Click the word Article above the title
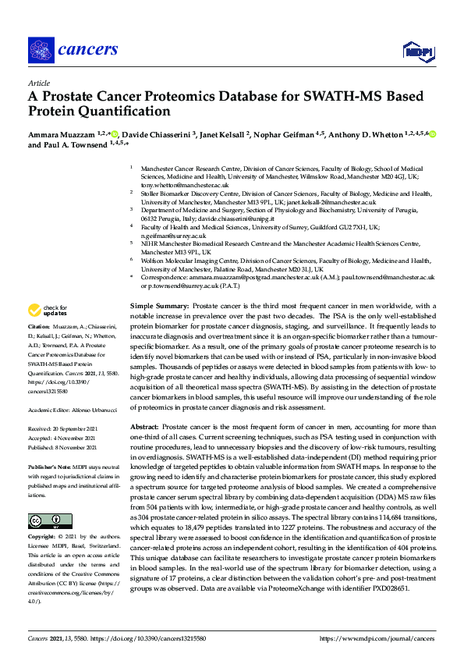pos(38,83)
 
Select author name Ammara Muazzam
pos(59,134)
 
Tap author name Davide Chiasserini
pos(155,134)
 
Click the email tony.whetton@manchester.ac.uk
pos(183,185)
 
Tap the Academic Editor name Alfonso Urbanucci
pos(91,408)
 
